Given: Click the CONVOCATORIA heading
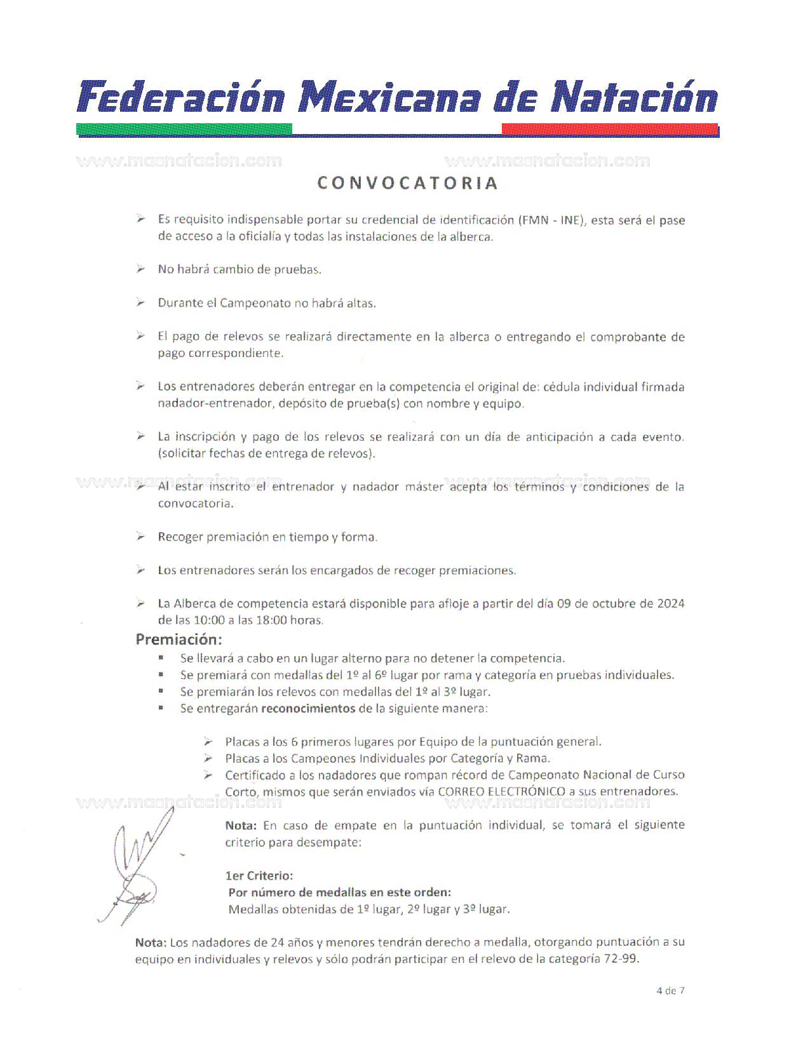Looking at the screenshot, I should pyautogui.click(x=407, y=183).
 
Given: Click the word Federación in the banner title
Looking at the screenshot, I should pyautogui.click(x=181, y=98).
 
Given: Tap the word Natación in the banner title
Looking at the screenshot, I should pyautogui.click(x=634, y=98).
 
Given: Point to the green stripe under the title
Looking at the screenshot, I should pyautogui.click(x=184, y=129).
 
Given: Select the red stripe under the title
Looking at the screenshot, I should pyautogui.click(x=610, y=129).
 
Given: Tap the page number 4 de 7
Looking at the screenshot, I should pyautogui.click(x=670, y=991).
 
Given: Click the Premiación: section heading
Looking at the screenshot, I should pyautogui.click(x=179, y=640).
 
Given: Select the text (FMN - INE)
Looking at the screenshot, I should pyautogui.click(x=551, y=220).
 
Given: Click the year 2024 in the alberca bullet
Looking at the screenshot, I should pyautogui.click(x=671, y=603).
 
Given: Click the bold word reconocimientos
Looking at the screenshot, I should pyautogui.click(x=308, y=708).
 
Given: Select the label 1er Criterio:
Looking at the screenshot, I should pyautogui.click(x=259, y=876).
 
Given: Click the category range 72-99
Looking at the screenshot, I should pyautogui.click(x=620, y=958).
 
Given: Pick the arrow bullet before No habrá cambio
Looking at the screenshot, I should pyautogui.click(x=140, y=269).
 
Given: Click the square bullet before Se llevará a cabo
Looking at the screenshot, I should pyautogui.click(x=162, y=659).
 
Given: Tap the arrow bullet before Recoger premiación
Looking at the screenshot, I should pyautogui.click(x=140, y=537).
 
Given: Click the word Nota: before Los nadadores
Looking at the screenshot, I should pyautogui.click(x=151, y=943).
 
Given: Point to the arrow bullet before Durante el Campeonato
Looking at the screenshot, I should pyautogui.click(x=140, y=303).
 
